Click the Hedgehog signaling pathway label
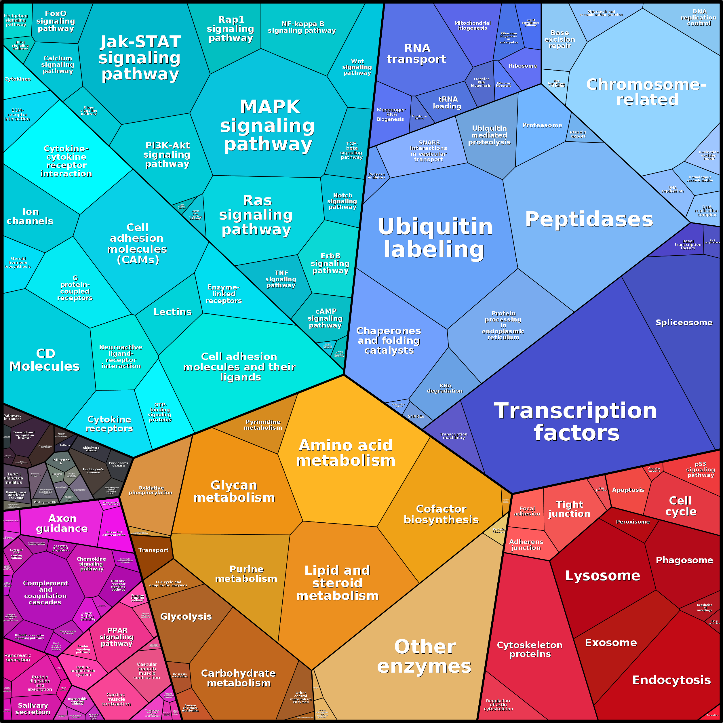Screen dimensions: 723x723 [16, 20]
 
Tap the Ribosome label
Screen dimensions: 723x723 [522, 66]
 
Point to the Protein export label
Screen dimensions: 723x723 [578, 134]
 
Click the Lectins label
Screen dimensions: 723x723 [172, 312]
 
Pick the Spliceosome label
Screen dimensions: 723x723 [684, 323]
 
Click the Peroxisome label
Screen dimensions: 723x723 [632, 522]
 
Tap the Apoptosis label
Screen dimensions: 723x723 [628, 490]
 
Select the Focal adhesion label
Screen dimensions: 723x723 [527, 511]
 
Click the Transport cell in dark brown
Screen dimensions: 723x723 [153, 550]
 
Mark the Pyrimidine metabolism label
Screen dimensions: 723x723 [263, 425]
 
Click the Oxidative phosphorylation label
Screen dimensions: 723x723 [151, 490]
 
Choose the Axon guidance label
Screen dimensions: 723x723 [62, 523]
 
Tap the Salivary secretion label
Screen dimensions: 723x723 [33, 708]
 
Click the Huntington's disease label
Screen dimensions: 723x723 [93, 471]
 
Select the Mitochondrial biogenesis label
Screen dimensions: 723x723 [472, 25]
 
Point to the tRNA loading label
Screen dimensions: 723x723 [447, 102]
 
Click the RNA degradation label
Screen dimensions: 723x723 [445, 388]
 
